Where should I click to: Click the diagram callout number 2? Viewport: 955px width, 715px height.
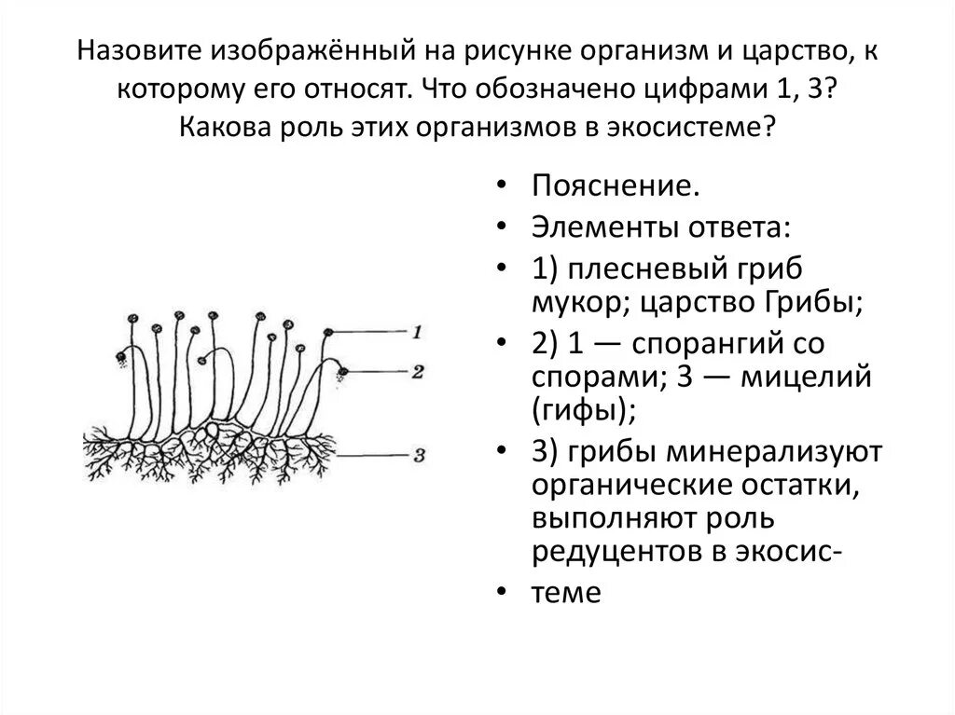pos(418,372)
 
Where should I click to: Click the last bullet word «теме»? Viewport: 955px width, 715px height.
pos(566,592)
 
